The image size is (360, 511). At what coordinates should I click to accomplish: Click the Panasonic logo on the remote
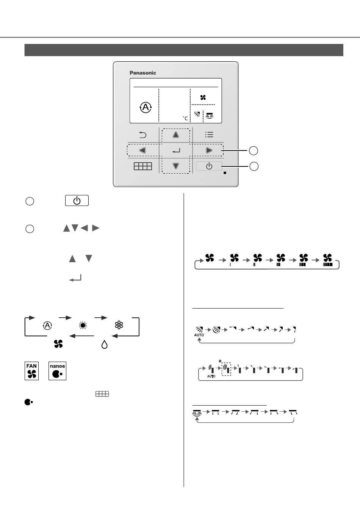143,73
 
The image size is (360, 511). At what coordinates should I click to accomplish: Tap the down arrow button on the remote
175,166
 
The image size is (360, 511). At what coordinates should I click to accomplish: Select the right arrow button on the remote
209,150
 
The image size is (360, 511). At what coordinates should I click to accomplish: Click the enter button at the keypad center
175,150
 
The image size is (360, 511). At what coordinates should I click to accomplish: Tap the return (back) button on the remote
142,135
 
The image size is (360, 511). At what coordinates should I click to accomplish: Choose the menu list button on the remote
209,135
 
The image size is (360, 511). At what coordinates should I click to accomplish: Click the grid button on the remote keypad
142,166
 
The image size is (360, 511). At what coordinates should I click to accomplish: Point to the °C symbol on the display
185,118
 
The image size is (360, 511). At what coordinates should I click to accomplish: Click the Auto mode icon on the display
146,108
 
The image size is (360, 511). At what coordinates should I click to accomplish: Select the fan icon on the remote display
203,97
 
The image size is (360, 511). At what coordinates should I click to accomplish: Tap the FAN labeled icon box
31,371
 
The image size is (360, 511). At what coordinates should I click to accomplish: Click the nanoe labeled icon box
57,371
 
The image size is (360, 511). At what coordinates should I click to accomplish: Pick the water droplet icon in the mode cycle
105,344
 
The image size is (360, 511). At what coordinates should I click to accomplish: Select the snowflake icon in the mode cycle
119,325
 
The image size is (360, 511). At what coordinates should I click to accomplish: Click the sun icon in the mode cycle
83,325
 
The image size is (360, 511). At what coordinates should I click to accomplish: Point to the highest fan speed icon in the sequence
327,260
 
